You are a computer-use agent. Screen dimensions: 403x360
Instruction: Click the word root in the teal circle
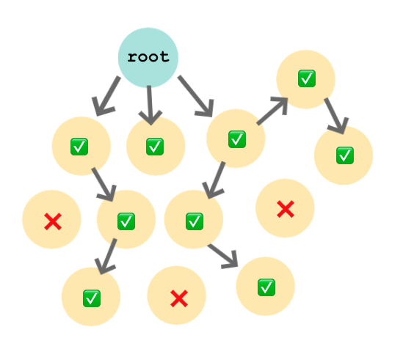pos(148,56)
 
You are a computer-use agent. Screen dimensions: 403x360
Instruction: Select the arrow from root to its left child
pos(106,96)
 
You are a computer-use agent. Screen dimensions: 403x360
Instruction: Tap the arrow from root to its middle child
pos(150,106)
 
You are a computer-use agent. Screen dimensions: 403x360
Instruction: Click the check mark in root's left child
pos(79,147)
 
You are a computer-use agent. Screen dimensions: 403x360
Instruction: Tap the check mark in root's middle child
pos(155,147)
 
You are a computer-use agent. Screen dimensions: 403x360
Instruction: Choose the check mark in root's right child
pos(237,139)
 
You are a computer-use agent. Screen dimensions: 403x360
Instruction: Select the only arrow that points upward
pos(272,111)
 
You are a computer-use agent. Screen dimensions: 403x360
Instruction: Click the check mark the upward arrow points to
pos(307,78)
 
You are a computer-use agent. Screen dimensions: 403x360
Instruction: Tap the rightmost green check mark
pos(345,155)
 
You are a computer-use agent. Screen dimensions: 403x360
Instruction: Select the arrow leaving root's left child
pos(104,185)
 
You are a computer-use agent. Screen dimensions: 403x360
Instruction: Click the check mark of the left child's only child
pos(126,221)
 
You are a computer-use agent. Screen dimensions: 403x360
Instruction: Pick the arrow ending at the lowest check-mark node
pos(106,257)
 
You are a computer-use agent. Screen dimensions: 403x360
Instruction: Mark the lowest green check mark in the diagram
pos(92,298)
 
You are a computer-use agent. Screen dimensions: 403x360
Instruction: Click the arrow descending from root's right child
pos(214,180)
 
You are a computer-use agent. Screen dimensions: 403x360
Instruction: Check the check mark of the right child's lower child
pos(195,221)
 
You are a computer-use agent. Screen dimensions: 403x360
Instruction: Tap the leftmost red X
pos(53,221)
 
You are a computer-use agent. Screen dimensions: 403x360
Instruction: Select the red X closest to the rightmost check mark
pos(286,209)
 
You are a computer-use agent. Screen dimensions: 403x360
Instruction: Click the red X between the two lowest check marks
pos(179,298)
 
